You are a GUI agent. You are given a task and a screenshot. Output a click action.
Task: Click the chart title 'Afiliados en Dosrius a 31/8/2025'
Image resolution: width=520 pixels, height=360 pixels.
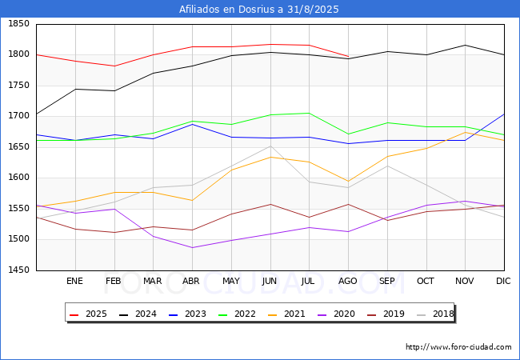[260, 10]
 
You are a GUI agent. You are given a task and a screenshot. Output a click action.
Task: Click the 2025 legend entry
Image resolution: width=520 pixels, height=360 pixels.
[90, 314]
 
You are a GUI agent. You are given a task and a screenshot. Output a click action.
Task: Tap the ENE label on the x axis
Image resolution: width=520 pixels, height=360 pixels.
[74, 281]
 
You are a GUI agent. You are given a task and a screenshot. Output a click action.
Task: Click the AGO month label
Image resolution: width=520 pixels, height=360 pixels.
[348, 281]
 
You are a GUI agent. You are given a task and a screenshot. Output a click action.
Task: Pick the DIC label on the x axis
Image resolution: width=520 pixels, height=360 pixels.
[503, 281]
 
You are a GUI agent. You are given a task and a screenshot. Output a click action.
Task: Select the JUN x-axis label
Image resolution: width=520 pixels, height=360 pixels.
[270, 281]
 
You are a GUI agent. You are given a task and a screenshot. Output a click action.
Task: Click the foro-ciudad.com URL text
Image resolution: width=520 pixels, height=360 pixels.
[458, 347]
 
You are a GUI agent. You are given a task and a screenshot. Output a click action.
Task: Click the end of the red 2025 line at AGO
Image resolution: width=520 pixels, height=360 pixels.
[348, 57]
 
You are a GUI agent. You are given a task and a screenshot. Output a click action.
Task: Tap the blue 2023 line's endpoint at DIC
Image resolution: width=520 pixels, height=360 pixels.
[504, 114]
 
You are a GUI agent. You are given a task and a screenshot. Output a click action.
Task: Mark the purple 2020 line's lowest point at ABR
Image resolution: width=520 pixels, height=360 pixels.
[192, 247]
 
